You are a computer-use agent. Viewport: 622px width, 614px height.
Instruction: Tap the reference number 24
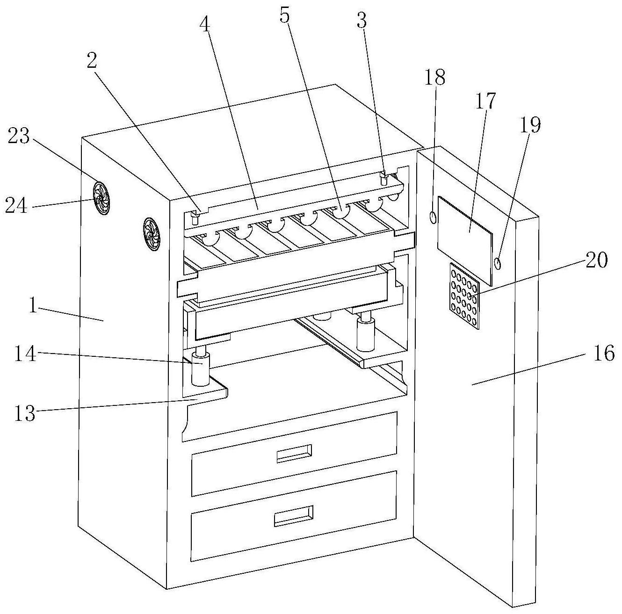click(x=16, y=206)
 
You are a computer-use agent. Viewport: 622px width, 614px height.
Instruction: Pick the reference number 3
click(x=362, y=21)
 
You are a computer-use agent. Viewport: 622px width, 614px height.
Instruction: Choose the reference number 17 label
click(x=485, y=101)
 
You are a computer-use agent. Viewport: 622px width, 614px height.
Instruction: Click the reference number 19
click(x=530, y=124)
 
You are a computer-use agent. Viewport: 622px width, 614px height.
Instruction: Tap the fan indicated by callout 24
click(x=101, y=198)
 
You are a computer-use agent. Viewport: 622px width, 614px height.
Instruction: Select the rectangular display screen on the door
click(x=465, y=241)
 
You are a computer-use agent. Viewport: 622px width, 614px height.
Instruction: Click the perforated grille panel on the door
click(x=464, y=296)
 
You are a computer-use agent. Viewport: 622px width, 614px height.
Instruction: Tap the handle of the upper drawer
click(x=294, y=454)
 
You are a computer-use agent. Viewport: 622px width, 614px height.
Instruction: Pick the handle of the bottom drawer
click(x=293, y=516)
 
